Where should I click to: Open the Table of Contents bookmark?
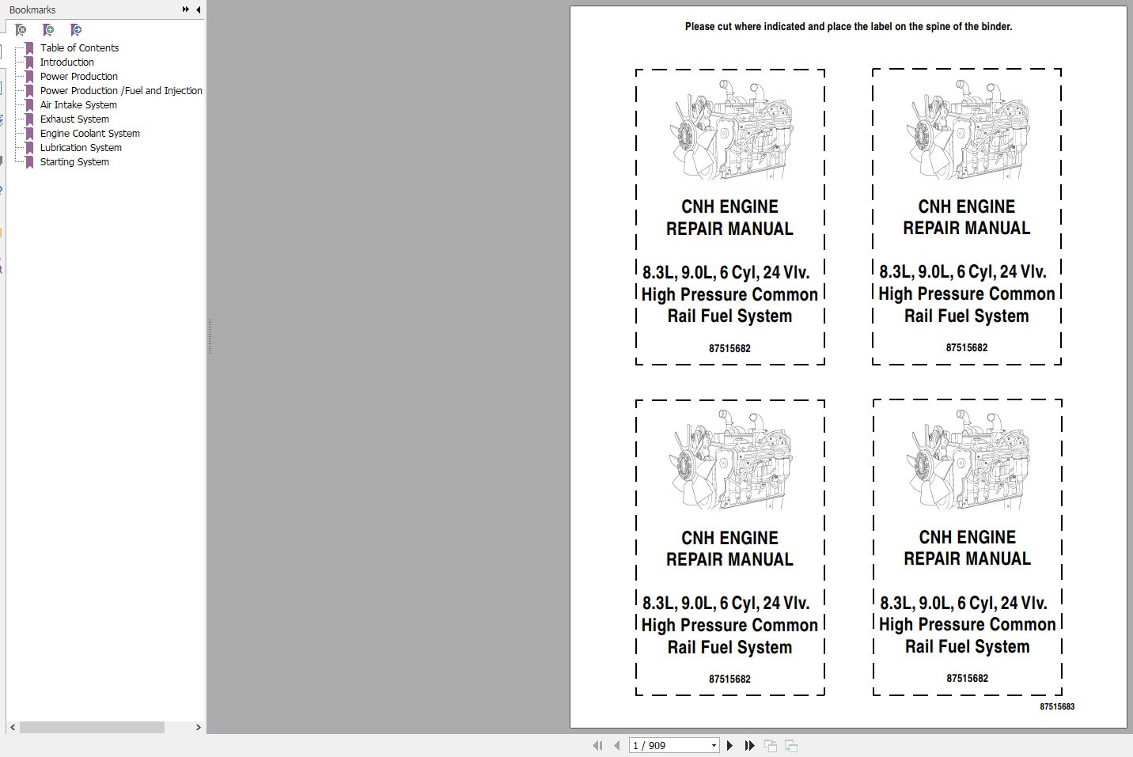pos(79,48)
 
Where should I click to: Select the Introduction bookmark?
pos(66,62)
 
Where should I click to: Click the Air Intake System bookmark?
pos(78,104)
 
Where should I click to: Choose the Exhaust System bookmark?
pos(74,119)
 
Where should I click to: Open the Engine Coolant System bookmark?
pos(90,134)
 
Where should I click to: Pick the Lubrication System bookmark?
pos(81,148)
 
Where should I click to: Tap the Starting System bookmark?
pos(74,162)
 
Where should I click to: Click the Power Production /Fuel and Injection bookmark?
pos(121,90)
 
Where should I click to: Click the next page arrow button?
pos(729,745)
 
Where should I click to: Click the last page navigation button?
pos(749,745)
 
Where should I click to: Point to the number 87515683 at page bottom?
pos(1057,706)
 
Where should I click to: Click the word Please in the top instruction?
pos(700,26)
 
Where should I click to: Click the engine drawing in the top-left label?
pos(731,130)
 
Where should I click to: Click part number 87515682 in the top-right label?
pos(967,347)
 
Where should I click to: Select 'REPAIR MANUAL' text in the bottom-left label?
pos(729,559)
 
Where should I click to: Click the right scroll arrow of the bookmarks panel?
pos(199,727)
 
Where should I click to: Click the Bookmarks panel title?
pos(32,9)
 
